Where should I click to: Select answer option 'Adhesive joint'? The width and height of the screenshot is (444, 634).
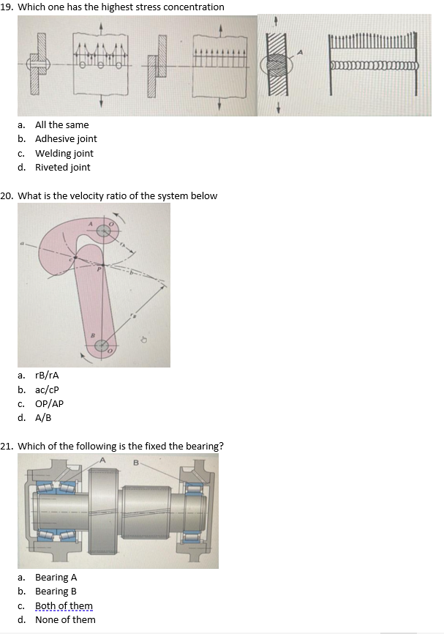[x=66, y=139]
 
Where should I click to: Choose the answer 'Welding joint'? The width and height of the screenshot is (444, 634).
[x=64, y=153]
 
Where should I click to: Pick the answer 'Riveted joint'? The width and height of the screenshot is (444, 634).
[x=62, y=168]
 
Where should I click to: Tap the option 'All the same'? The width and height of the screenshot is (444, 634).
[x=61, y=125]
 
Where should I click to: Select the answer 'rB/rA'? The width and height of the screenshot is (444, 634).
[x=47, y=376]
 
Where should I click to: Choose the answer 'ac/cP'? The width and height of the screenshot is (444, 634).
[x=47, y=389]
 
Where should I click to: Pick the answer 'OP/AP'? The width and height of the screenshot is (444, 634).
[x=49, y=404]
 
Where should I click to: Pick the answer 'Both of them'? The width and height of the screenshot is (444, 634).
[x=64, y=605]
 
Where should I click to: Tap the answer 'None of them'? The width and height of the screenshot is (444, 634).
[x=65, y=620]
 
